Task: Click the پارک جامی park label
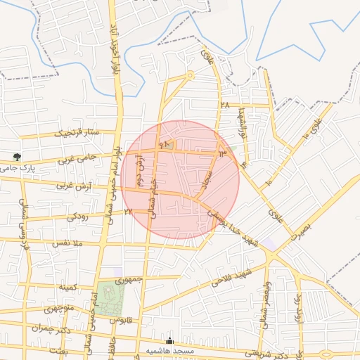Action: (17, 168)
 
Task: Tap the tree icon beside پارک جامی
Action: (17, 157)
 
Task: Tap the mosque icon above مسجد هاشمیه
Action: (169, 341)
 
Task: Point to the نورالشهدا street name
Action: (243, 125)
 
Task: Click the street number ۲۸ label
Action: (225, 105)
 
